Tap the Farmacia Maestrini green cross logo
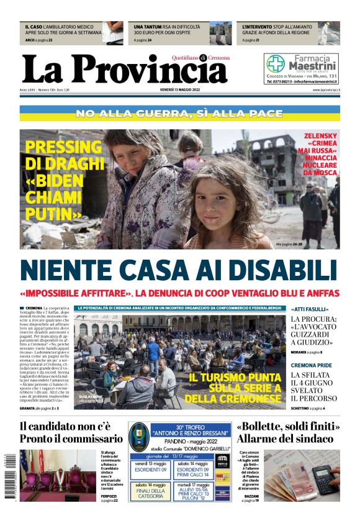point(276,64)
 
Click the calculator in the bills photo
point(323,478)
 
